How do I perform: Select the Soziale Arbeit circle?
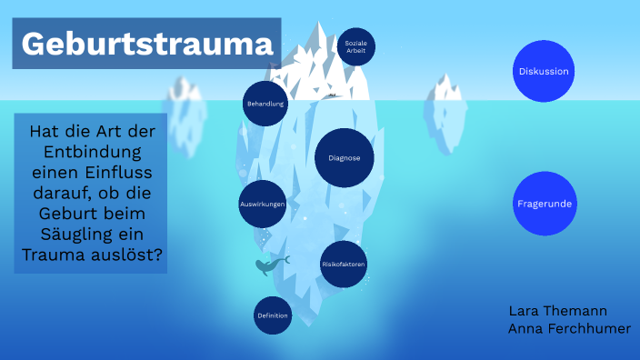pyautogui.click(x=355, y=46)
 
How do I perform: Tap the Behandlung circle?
pyautogui.click(x=265, y=104)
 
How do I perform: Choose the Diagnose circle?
pyautogui.click(x=345, y=158)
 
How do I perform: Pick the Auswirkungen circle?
pyautogui.click(x=263, y=205)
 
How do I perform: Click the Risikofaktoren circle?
pyautogui.click(x=344, y=264)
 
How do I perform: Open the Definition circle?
pyautogui.click(x=273, y=315)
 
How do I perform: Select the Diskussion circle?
pyautogui.click(x=544, y=71)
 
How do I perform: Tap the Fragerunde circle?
pyautogui.click(x=544, y=204)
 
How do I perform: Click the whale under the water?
pyautogui.click(x=271, y=265)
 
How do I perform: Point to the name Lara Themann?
pyautogui.click(x=558, y=311)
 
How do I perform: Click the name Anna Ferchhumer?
pyautogui.click(x=569, y=329)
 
